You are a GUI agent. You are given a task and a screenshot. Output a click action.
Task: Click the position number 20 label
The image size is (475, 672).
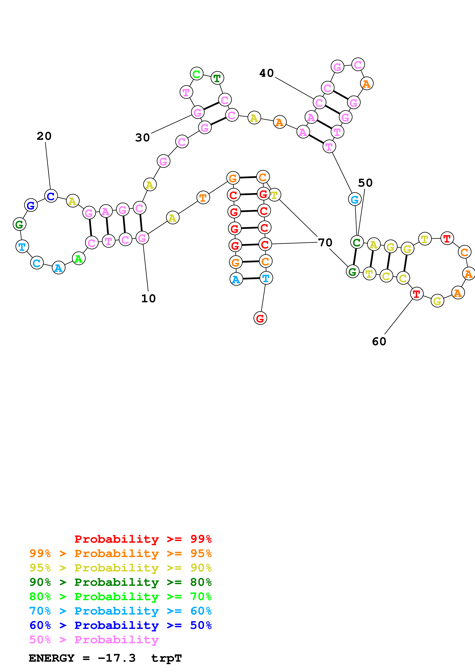[44, 136]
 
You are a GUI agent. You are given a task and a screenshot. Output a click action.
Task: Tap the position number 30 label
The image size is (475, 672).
[143, 138]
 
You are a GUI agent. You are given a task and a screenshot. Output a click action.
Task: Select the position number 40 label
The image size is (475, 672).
[266, 73]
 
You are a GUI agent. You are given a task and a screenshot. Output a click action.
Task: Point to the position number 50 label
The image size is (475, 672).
[365, 183]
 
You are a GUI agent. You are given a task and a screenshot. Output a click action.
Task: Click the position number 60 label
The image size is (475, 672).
[379, 342]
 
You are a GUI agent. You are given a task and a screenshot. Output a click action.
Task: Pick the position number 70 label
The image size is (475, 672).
[325, 243]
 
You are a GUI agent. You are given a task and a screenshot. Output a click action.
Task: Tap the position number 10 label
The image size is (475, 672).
[148, 298]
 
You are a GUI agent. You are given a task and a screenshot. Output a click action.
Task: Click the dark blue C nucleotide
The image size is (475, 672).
[51, 196]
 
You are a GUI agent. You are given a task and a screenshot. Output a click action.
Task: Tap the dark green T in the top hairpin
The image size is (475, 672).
[217, 78]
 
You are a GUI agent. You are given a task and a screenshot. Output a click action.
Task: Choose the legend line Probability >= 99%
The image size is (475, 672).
[143, 539]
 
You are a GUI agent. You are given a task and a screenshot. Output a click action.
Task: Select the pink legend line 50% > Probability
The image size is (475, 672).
[94, 640]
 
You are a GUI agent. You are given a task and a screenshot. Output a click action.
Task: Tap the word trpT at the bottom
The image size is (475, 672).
[167, 658]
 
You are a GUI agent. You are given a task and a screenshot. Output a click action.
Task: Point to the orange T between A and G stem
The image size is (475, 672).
[203, 198]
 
